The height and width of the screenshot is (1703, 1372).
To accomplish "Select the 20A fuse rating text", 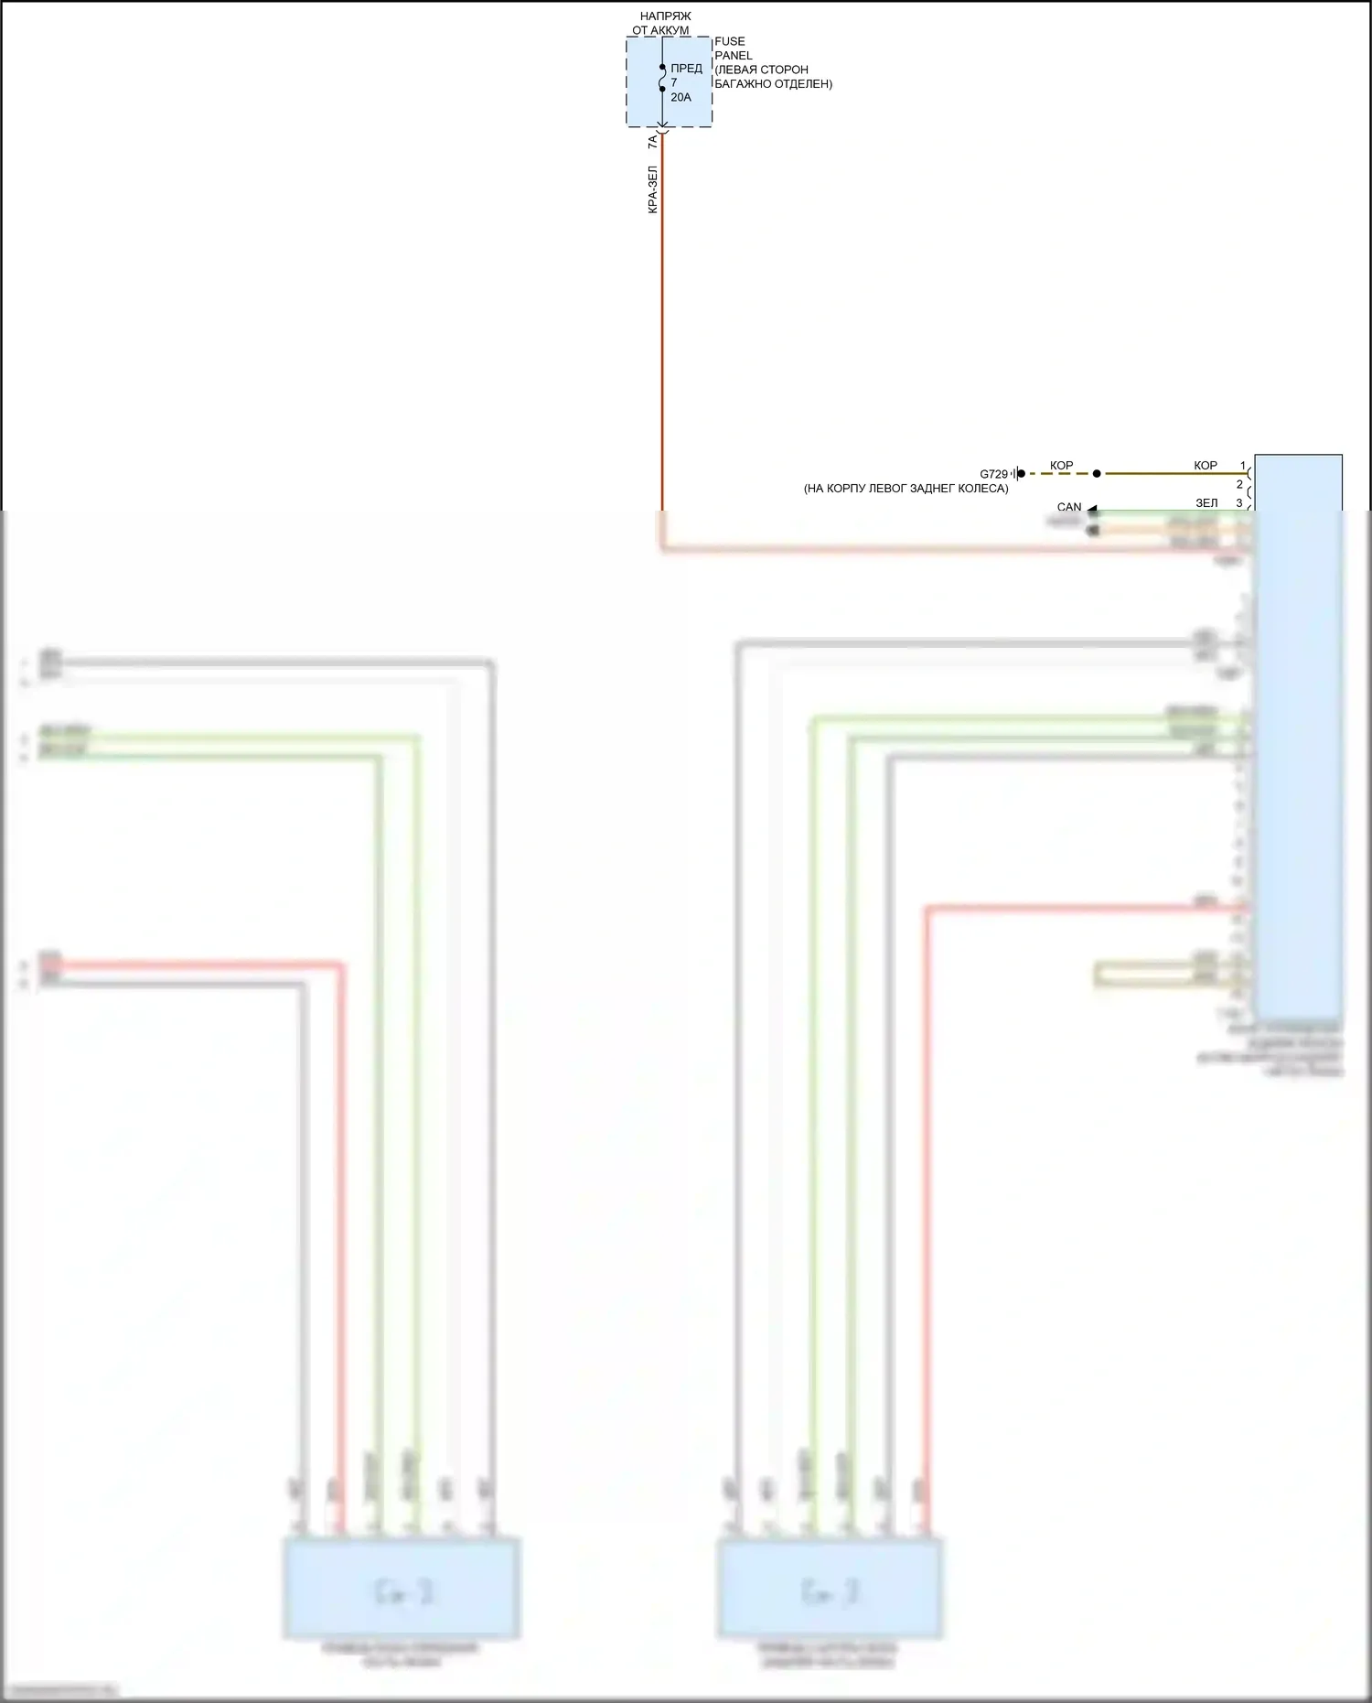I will coord(681,97).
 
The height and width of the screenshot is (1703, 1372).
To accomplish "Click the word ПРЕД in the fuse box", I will coord(686,69).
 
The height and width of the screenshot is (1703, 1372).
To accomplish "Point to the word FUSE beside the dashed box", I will coord(729,41).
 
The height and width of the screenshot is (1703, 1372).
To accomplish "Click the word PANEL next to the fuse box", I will coord(733,56).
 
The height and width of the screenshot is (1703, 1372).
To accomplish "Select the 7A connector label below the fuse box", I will coord(652,142).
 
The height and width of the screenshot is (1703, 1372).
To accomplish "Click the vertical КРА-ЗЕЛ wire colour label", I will coord(652,189).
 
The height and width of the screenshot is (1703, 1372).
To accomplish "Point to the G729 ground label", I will coord(993,474).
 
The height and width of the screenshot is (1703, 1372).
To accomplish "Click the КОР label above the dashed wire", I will coord(1061,466).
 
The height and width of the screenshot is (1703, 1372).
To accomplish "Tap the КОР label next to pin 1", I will coord(1205,466).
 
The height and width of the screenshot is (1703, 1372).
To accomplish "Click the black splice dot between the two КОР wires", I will coord(1097,474).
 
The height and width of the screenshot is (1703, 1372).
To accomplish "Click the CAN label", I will coord(1068,507).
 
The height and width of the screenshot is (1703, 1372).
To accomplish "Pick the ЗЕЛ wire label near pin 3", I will coord(1206,503).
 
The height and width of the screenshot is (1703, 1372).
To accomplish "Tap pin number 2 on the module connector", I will coord(1239,484).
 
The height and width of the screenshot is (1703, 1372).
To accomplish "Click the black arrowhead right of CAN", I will coord(1092,509).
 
